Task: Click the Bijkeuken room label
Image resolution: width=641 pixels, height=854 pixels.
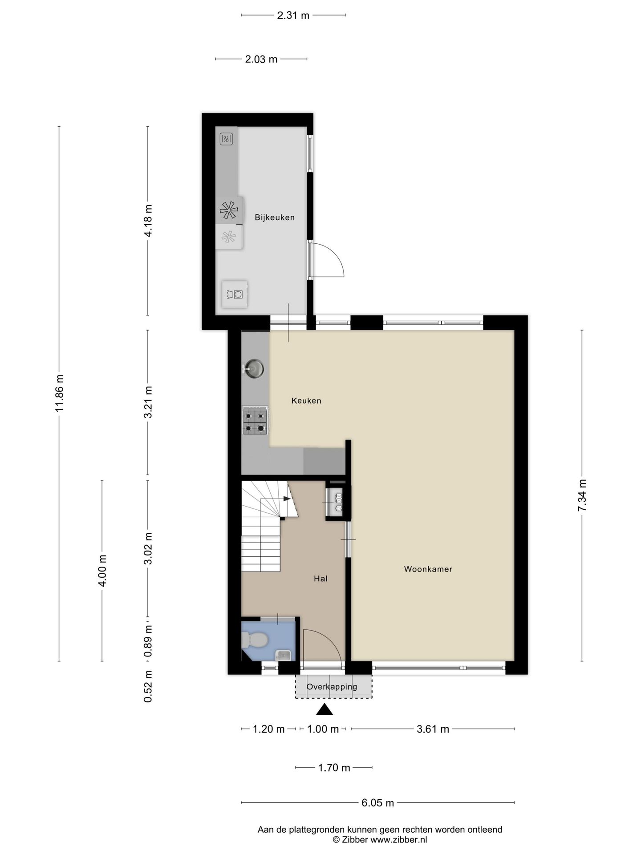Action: [x=274, y=218]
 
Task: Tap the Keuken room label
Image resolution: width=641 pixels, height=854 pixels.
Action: [x=306, y=401]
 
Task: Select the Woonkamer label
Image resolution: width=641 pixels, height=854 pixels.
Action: [x=428, y=569]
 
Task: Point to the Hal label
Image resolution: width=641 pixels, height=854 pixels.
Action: [x=320, y=579]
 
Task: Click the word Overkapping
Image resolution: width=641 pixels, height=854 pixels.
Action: [x=332, y=687]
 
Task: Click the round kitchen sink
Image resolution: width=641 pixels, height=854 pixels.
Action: [x=254, y=369]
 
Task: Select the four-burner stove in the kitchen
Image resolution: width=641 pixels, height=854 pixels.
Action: [x=255, y=420]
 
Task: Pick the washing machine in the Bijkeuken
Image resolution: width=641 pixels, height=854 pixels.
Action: [x=235, y=294]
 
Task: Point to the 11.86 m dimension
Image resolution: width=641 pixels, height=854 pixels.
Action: [x=60, y=393]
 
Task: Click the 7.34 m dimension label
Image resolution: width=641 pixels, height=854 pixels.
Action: [x=582, y=495]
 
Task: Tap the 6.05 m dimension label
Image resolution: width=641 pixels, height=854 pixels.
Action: [x=377, y=803]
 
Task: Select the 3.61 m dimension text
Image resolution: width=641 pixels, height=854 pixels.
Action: [x=433, y=729]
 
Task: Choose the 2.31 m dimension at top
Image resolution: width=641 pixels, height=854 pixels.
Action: [x=293, y=15]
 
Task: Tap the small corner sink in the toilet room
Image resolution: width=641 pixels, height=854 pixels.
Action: [x=283, y=655]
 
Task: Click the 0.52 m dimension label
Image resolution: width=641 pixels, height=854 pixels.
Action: [x=148, y=687]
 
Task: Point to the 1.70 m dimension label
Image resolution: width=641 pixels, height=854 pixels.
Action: [x=334, y=768]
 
